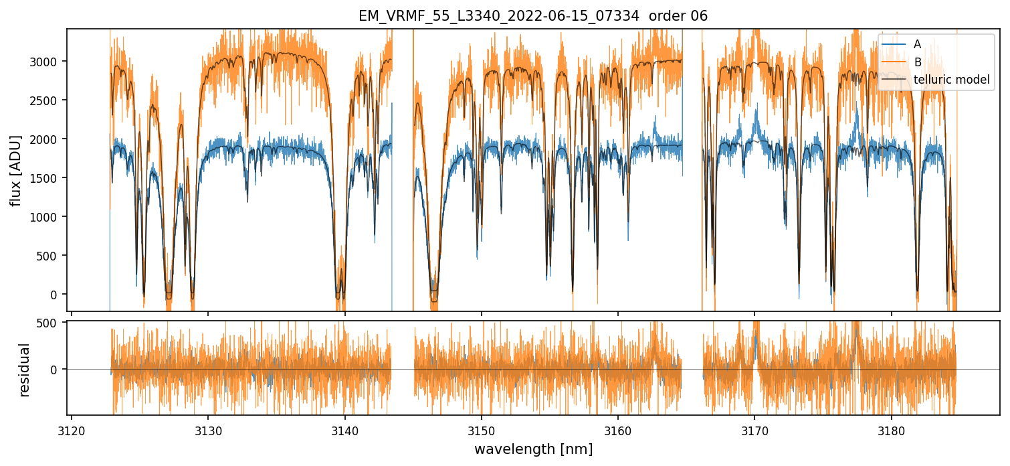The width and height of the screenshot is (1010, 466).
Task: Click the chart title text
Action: (532, 16)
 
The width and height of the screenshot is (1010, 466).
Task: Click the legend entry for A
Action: (917, 44)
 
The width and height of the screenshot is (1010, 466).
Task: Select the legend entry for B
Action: (917, 62)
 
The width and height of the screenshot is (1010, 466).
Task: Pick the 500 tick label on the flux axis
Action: (52, 256)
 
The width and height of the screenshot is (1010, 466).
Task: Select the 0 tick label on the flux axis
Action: (58, 295)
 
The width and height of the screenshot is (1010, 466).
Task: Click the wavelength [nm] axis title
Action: (533, 449)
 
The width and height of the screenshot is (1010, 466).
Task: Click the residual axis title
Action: (25, 370)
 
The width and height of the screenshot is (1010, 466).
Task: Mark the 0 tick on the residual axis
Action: (58, 369)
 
